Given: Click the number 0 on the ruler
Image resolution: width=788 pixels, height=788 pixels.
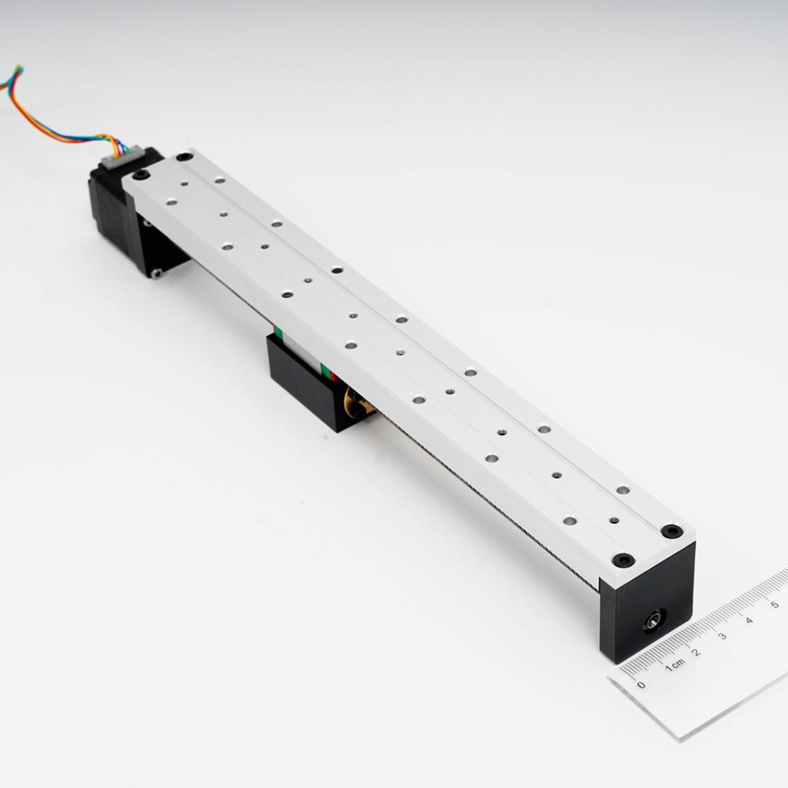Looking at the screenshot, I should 641,685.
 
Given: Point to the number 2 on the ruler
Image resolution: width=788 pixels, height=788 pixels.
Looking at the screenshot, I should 697,652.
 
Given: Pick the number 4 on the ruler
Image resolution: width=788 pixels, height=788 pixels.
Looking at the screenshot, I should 749,621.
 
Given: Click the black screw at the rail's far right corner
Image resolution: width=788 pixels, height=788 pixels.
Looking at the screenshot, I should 671,531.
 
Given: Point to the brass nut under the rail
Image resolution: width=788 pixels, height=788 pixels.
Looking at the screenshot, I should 359,403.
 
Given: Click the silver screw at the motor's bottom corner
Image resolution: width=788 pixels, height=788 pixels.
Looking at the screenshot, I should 157,273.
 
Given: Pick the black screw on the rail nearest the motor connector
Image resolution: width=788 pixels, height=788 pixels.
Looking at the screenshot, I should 184,157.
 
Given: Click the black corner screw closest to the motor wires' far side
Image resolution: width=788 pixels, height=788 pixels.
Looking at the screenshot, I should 140,174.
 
